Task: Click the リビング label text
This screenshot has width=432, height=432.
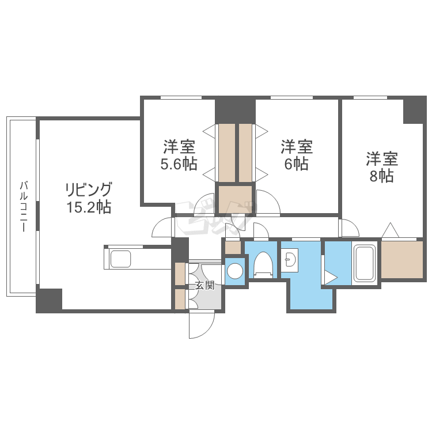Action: (88, 189)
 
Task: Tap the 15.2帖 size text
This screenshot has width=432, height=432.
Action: (88, 207)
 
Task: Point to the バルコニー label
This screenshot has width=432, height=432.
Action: (23, 206)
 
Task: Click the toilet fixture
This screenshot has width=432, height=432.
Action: (263, 265)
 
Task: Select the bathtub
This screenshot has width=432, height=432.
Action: (364, 264)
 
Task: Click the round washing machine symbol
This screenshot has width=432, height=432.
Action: (235, 271)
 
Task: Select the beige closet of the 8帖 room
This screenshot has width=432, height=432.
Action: (402, 260)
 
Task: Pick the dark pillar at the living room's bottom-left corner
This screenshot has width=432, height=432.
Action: (50, 300)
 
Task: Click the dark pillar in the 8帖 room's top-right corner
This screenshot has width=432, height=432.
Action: (414, 110)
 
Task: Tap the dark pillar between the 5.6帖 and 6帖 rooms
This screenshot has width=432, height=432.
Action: (235, 109)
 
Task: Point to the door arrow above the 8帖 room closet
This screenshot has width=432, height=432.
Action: (390, 230)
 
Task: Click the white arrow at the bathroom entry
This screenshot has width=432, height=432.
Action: (330, 277)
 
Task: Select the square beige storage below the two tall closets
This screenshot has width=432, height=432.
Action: (235, 198)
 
